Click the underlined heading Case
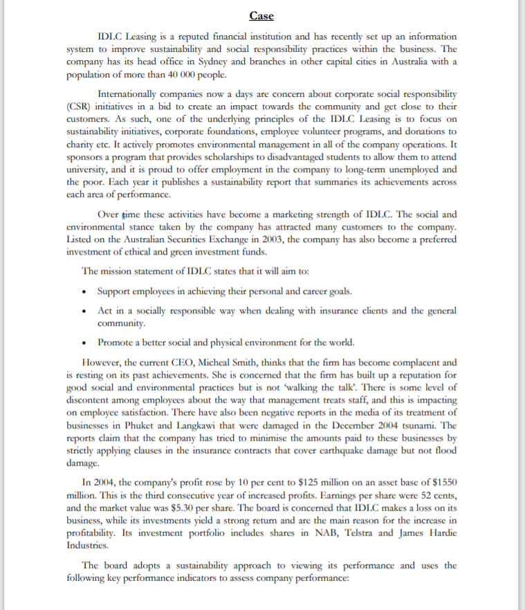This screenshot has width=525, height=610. pos(261,16)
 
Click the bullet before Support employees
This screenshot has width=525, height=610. pos(84,289)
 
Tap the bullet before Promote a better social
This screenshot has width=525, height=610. pos(84,342)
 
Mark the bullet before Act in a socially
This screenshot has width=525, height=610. pos(84,311)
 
